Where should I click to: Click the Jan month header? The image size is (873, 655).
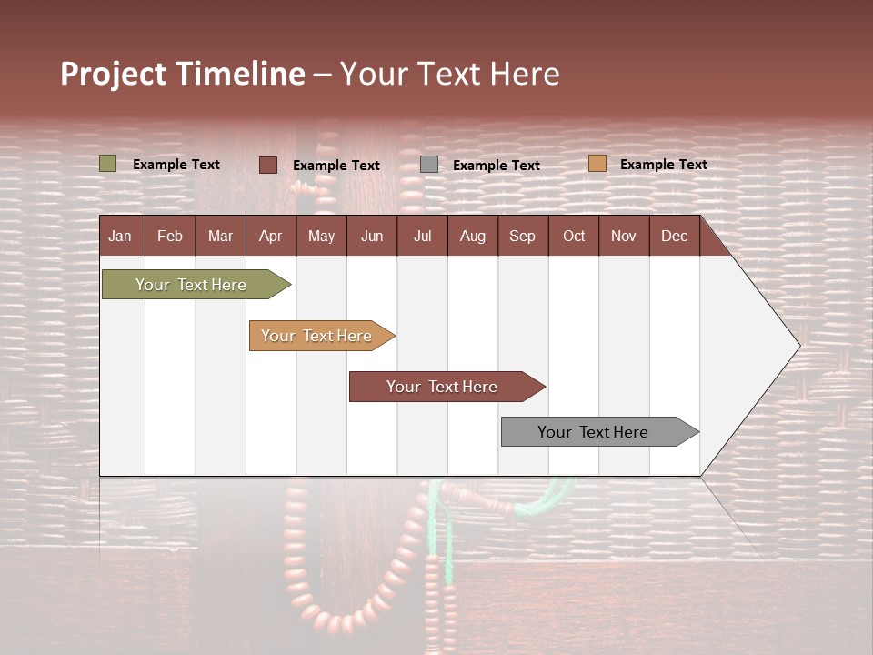(120, 236)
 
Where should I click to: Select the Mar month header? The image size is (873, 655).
(220, 236)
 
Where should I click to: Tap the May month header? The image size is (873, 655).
(321, 236)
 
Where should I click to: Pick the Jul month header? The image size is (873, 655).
(422, 236)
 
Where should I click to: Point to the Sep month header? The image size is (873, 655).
(522, 236)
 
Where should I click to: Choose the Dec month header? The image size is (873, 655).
(674, 236)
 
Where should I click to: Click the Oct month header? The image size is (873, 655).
(574, 236)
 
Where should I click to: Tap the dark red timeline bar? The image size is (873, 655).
(443, 387)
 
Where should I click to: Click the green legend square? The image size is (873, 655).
(108, 164)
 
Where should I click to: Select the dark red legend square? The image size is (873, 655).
(268, 165)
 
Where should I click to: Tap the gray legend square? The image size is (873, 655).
(429, 165)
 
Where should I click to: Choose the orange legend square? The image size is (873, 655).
(597, 164)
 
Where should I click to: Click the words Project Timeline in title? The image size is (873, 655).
(183, 74)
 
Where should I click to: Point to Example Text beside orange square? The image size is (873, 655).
(663, 165)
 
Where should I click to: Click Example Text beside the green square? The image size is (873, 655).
(176, 165)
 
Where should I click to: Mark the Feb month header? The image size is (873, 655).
(170, 236)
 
